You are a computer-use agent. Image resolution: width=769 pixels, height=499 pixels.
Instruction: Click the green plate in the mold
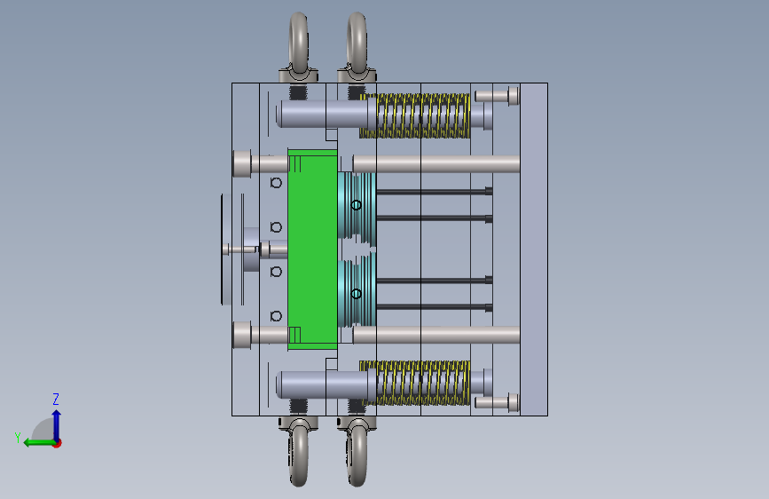(312, 249)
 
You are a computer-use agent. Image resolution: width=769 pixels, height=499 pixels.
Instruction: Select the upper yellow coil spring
(415, 116)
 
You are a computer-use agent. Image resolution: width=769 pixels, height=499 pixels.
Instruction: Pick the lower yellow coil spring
(415, 383)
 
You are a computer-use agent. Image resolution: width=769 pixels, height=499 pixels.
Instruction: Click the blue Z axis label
(56, 399)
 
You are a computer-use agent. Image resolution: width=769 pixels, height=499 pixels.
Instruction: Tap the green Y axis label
(18, 438)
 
